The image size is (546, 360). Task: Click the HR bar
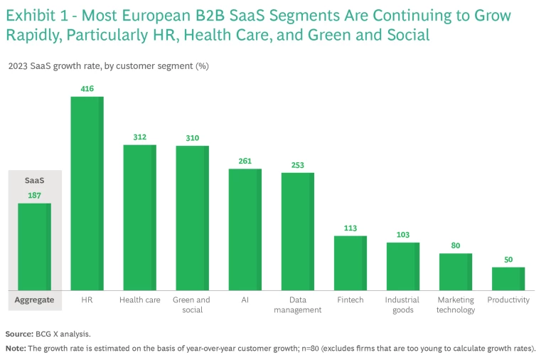pyautogui.click(x=87, y=193)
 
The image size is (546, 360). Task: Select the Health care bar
pyautogui.click(x=139, y=217)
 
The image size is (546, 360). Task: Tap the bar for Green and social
pyautogui.click(x=192, y=218)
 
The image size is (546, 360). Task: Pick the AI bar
pyautogui.click(x=245, y=229)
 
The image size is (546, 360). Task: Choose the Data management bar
pyautogui.click(x=297, y=231)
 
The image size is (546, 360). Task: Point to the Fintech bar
pyautogui.click(x=350, y=263)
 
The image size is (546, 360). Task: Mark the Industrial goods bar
pyautogui.click(x=402, y=266)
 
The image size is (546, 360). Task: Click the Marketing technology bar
pyautogui.click(x=455, y=271)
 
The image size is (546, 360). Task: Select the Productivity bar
pyautogui.click(x=508, y=278)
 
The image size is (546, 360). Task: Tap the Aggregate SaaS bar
pyautogui.click(x=34, y=246)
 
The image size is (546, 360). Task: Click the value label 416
pyautogui.click(x=87, y=88)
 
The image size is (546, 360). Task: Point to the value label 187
pyautogui.click(x=34, y=195)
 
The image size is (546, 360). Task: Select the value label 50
pyautogui.click(x=508, y=259)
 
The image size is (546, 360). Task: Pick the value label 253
pyautogui.click(x=297, y=165)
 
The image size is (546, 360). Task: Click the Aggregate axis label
pyautogui.click(x=34, y=300)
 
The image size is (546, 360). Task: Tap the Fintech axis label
pyautogui.click(x=350, y=300)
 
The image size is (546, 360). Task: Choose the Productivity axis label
pyautogui.click(x=508, y=300)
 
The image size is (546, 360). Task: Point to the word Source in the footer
pyautogui.click(x=18, y=334)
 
